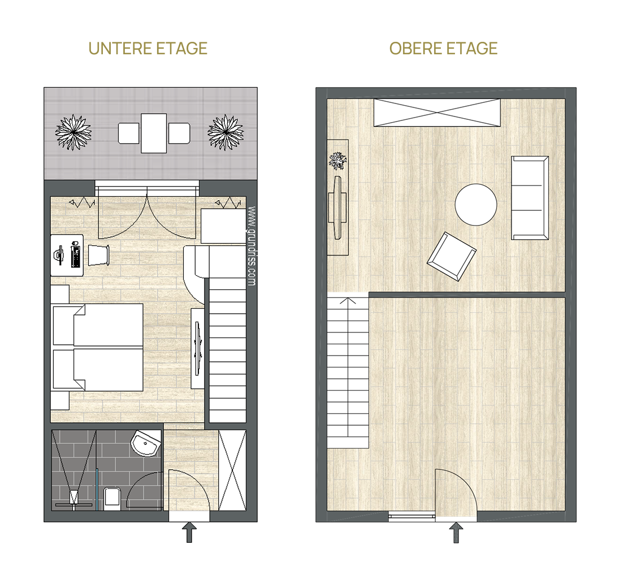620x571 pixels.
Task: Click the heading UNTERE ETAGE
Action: pyautogui.click(x=148, y=49)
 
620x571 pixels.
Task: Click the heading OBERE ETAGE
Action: pyautogui.click(x=443, y=49)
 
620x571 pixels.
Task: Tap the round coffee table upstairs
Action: pyautogui.click(x=476, y=205)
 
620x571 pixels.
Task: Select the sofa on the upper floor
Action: pyautogui.click(x=530, y=198)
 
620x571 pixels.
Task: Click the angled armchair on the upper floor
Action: pyautogui.click(x=452, y=256)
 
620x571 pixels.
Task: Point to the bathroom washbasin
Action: pyautogui.click(x=146, y=443)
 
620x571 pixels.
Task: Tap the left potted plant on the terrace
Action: pyautogui.click(x=73, y=132)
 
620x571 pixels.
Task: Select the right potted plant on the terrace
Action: pyautogui.click(x=226, y=132)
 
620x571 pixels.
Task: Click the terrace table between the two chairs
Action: pyautogui.click(x=154, y=133)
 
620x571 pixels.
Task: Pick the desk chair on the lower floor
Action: pyautogui.click(x=98, y=255)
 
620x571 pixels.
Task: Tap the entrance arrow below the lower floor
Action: pyautogui.click(x=189, y=532)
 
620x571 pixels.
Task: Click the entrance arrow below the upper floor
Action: pyautogui.click(x=456, y=532)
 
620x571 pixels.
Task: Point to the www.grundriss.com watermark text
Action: pyautogui.click(x=251, y=245)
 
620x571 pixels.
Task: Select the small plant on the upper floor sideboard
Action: pyautogui.click(x=337, y=161)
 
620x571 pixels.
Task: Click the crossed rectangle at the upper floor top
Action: pyautogui.click(x=437, y=113)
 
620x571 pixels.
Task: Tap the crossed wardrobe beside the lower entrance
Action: pyautogui.click(x=232, y=470)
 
